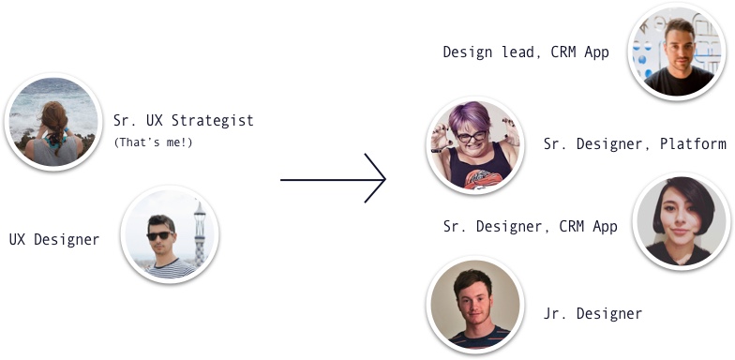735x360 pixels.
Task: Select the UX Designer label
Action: pos(54,239)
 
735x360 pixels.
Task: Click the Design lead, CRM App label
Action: pos(526,52)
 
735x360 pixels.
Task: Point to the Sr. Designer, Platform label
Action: pos(635,143)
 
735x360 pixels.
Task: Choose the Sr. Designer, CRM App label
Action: pos(530,226)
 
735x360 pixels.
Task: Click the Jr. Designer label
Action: pos(592,313)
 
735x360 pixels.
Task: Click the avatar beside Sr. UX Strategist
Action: pos(53,122)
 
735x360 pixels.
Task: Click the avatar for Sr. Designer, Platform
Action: pos(473,145)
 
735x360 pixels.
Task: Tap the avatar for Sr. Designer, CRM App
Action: pos(682,222)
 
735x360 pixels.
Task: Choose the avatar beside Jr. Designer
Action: pos(474,306)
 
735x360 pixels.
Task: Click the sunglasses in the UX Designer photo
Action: pos(160,235)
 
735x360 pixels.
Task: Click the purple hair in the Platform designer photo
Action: pos(472,116)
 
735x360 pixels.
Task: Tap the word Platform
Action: pos(696,143)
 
